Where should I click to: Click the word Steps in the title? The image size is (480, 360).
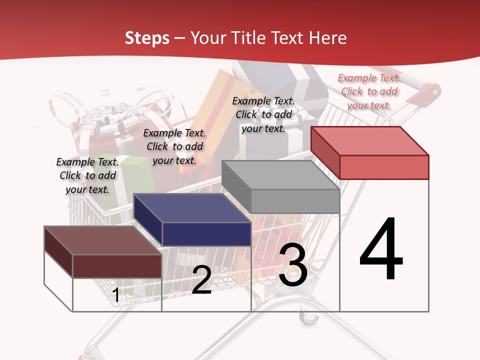click(146, 38)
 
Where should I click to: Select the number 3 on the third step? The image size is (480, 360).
click(293, 265)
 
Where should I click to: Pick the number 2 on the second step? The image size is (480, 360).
click(201, 280)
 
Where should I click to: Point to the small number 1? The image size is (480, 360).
click(115, 295)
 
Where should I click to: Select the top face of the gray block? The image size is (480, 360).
click(280, 175)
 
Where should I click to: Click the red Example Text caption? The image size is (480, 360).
click(369, 91)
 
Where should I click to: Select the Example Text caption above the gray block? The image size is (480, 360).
click(263, 114)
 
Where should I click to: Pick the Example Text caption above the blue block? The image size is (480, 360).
click(174, 146)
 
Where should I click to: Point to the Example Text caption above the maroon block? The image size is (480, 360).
click(87, 175)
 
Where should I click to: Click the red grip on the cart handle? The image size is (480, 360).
click(430, 91)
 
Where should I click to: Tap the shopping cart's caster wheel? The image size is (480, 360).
click(307, 316)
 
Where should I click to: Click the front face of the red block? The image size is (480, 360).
click(384, 167)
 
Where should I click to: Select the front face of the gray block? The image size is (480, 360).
click(295, 201)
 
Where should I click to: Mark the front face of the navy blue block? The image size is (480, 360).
click(206, 234)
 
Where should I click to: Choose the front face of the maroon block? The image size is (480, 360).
click(117, 266)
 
